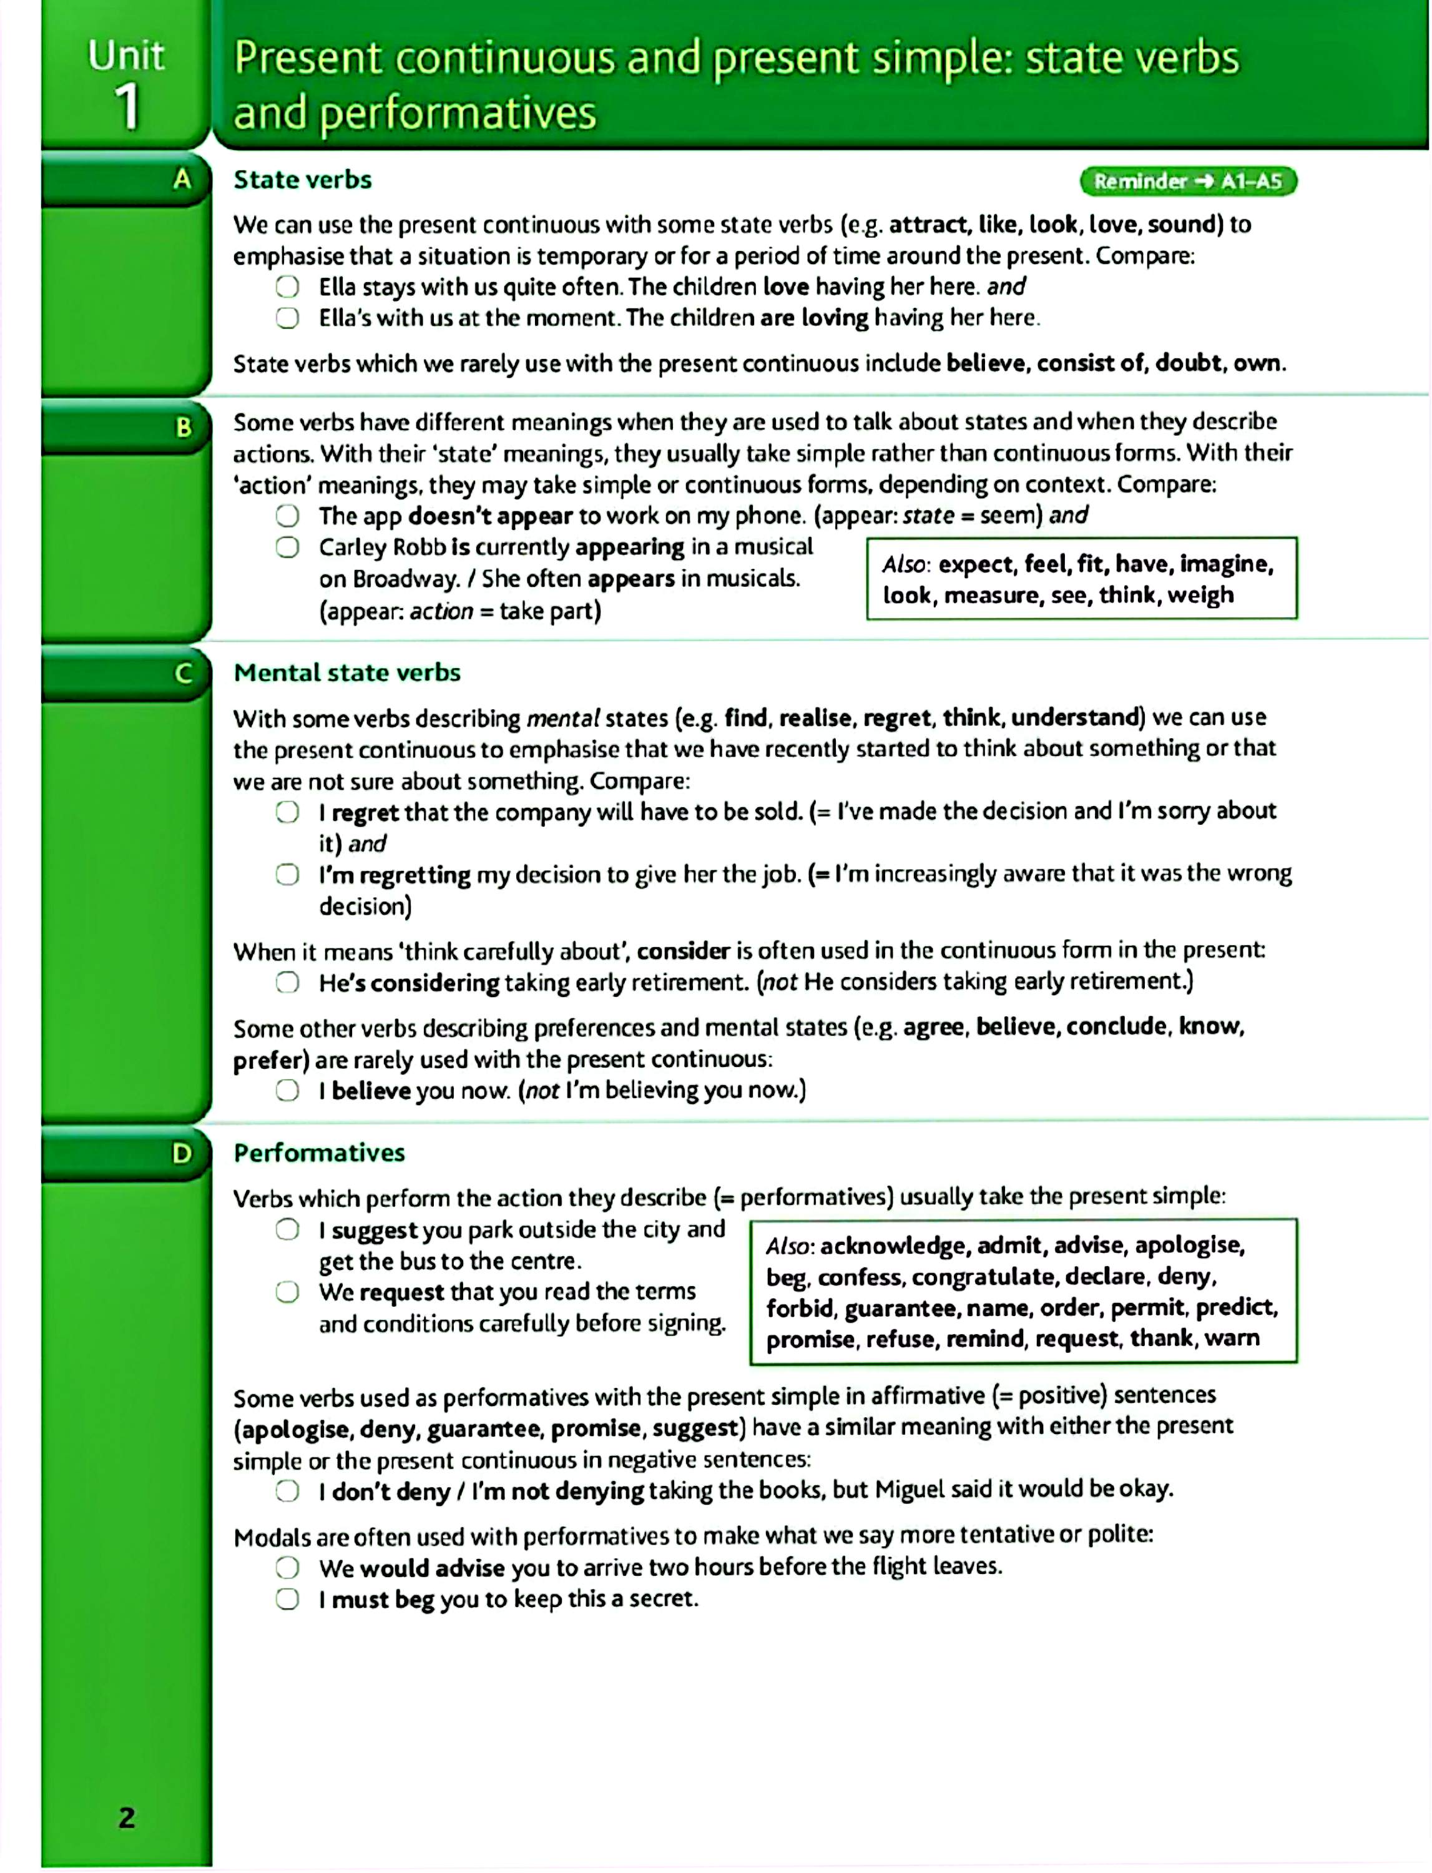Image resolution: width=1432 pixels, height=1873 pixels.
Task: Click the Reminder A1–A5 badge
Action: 1187,180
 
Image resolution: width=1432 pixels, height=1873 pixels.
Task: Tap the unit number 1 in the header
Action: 127,107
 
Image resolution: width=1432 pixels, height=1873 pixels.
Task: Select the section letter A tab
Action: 182,179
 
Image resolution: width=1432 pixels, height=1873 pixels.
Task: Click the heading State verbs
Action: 303,180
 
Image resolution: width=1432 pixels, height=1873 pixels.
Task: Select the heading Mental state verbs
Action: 347,672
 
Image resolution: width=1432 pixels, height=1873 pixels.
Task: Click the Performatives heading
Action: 319,1153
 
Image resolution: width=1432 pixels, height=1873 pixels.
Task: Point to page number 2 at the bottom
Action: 126,1817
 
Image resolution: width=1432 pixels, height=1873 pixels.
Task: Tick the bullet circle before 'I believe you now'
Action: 287,1090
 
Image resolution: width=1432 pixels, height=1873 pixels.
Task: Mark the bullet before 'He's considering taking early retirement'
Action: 287,982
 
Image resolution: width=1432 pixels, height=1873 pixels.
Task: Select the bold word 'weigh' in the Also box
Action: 1200,595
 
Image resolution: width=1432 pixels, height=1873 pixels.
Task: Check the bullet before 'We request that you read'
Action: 287,1292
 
